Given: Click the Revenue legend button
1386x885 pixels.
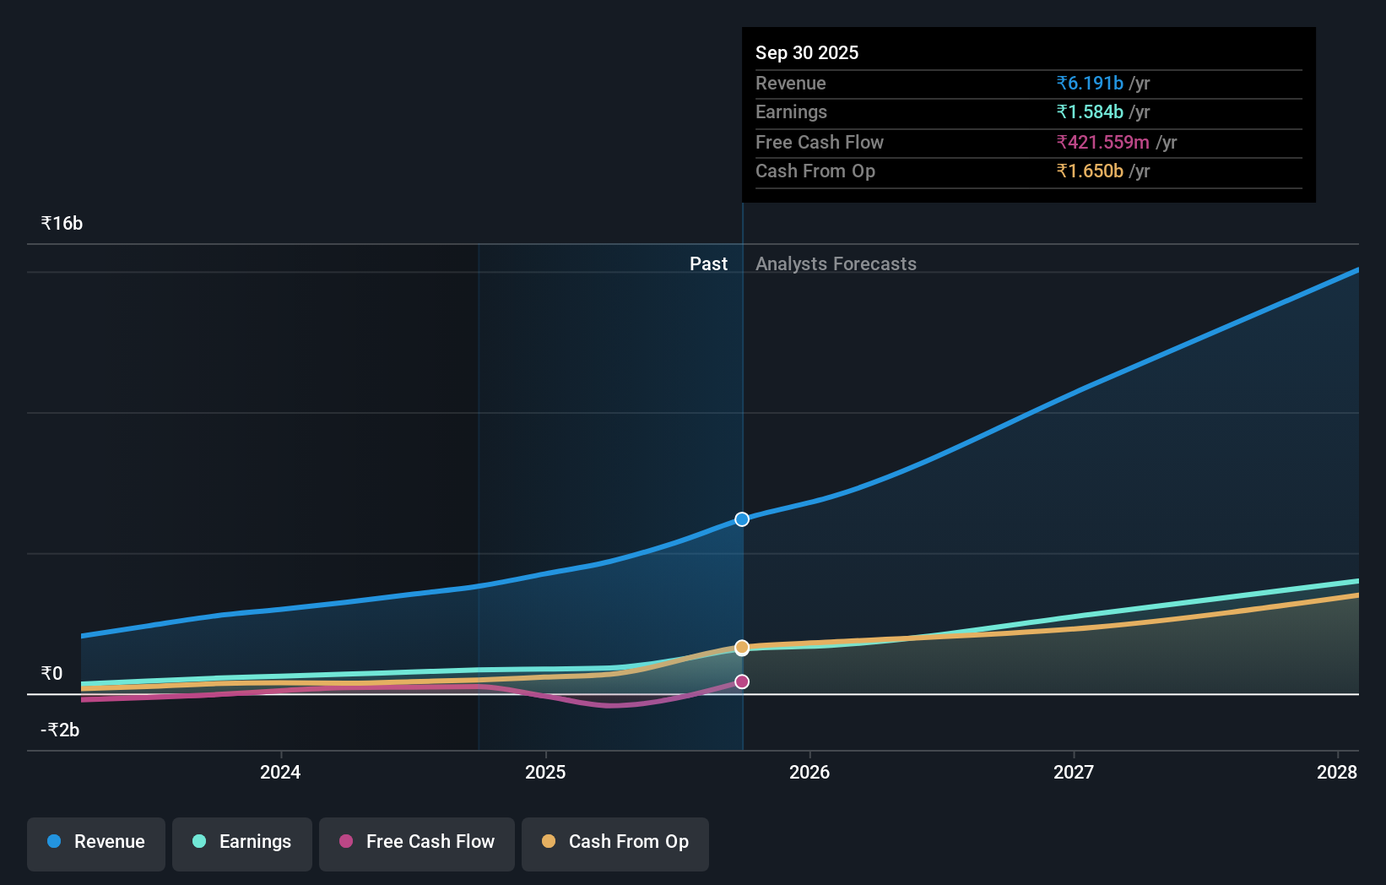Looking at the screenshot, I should [96, 842].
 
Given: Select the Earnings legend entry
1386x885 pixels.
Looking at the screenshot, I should [242, 842].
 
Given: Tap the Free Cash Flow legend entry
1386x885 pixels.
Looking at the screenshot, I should [417, 842].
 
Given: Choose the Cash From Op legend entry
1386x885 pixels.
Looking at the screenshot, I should [615, 842].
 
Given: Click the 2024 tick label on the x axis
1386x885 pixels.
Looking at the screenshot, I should [280, 772].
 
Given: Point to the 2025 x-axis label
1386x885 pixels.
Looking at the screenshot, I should [545, 772].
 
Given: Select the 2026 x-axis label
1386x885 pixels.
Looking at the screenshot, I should [809, 772].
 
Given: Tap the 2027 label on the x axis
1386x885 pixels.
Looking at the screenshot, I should [1074, 772].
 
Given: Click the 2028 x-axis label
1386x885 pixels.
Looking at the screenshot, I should [1337, 772].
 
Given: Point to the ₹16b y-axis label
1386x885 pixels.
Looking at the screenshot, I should [62, 224].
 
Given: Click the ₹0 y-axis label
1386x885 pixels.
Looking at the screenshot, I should [51, 674].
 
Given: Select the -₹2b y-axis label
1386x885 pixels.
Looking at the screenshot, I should [60, 730].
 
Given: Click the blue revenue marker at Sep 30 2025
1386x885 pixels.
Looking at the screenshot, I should [742, 519].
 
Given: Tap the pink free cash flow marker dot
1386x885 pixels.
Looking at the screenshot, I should [742, 681].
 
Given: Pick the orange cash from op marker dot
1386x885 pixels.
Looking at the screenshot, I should [742, 648].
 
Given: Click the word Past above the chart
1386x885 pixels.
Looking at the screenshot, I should [708, 264].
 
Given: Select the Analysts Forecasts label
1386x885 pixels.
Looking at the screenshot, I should [836, 264].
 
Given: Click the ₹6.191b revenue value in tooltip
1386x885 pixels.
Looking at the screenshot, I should [1090, 84].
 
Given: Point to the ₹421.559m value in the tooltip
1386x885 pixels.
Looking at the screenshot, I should [1102, 143].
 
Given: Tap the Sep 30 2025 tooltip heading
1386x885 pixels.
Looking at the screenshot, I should [807, 53].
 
